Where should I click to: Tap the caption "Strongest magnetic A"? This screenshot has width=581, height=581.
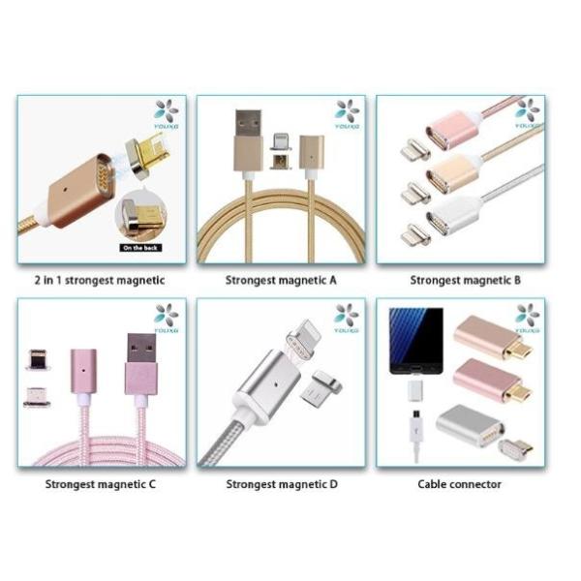[281, 280]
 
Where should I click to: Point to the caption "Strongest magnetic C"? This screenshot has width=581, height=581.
[101, 483]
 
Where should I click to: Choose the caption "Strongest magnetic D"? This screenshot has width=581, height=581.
[281, 483]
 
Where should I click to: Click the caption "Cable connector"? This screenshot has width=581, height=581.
[460, 483]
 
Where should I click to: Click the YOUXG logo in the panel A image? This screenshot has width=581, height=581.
[347, 114]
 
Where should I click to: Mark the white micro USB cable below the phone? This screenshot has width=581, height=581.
[414, 431]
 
